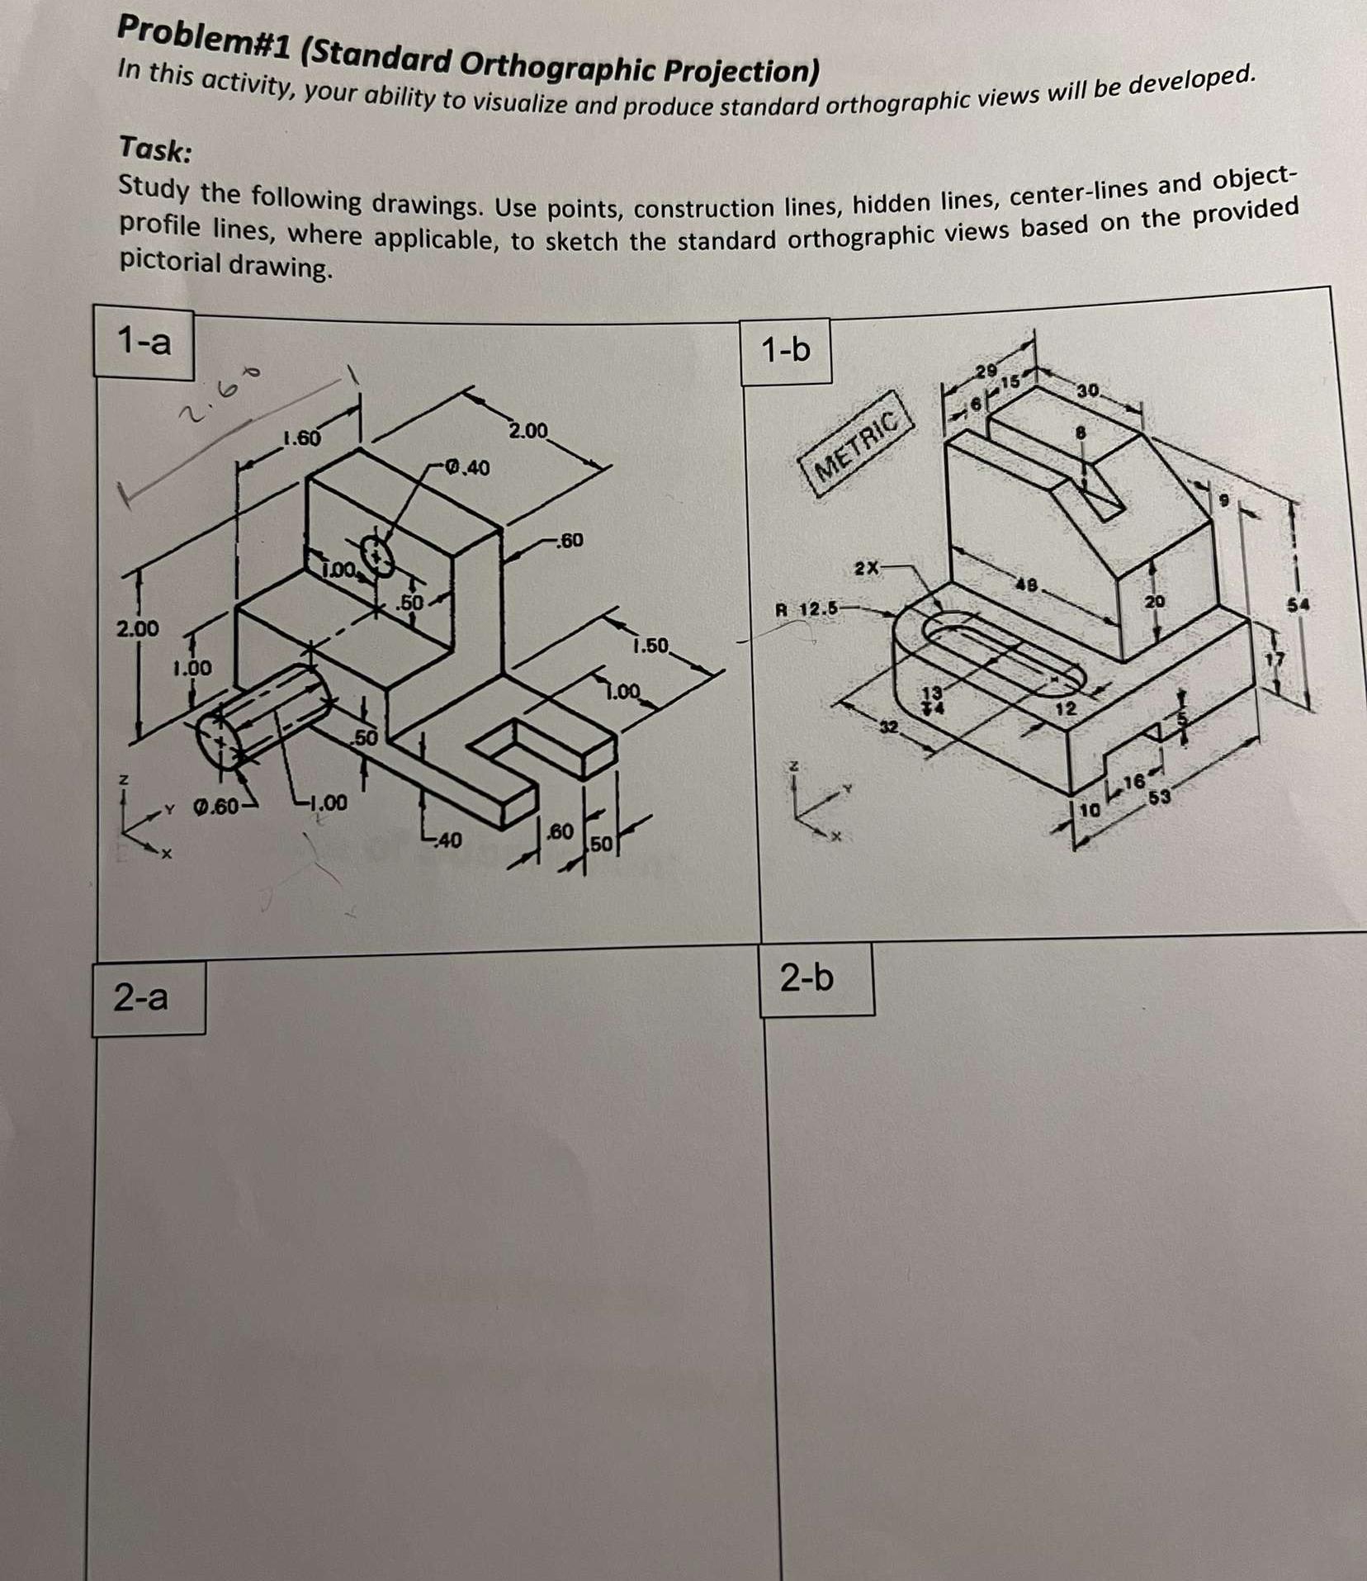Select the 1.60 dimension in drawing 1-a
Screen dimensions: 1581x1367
tap(301, 438)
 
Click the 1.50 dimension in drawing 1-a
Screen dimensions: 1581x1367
tap(651, 646)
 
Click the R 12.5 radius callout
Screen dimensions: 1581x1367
tap(806, 610)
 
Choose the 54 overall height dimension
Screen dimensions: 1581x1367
tap(1302, 605)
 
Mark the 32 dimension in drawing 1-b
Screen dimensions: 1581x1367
tap(888, 727)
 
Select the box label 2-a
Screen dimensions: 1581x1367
tap(141, 998)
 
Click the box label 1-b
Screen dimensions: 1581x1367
tap(786, 350)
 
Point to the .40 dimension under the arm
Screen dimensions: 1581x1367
tap(447, 840)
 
